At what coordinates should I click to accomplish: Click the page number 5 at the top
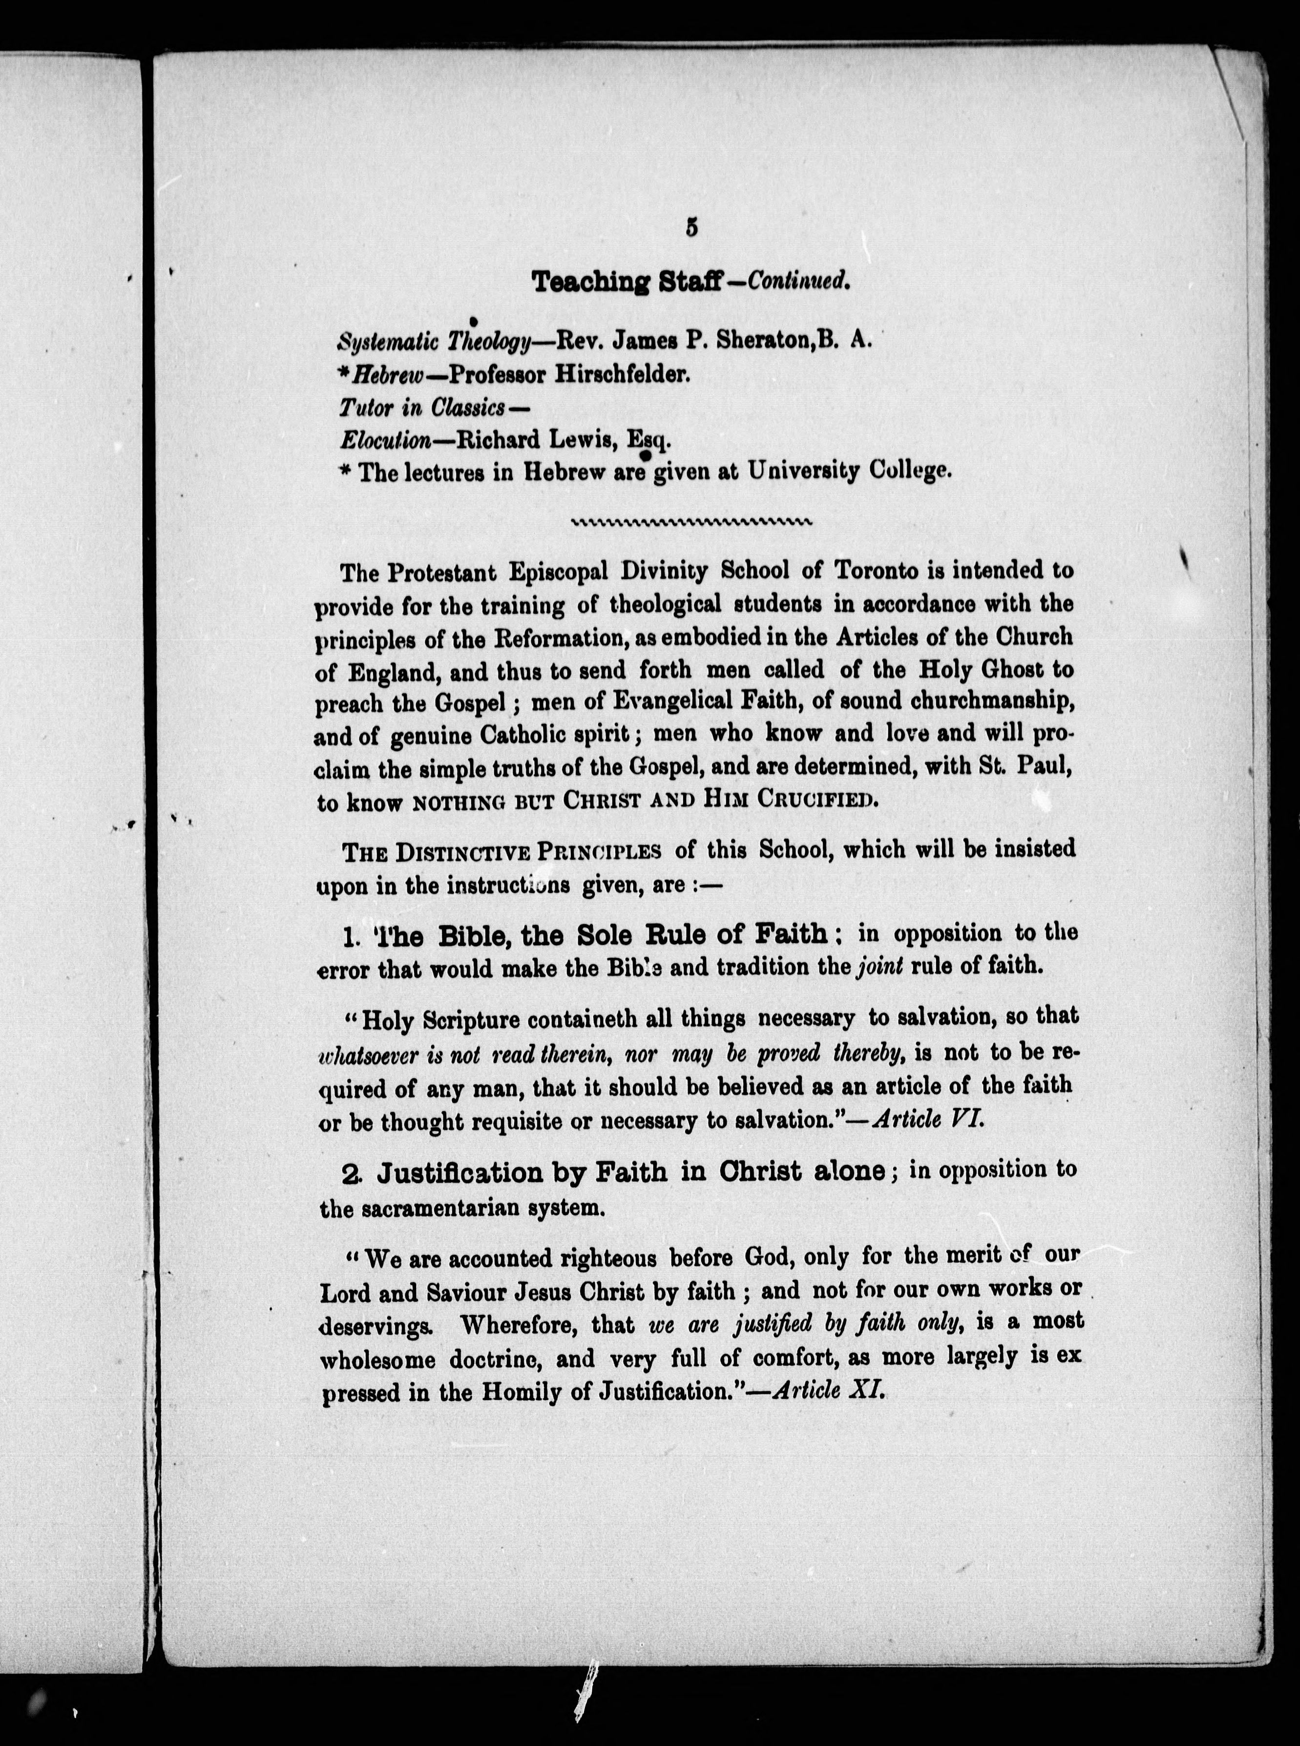coord(692,228)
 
